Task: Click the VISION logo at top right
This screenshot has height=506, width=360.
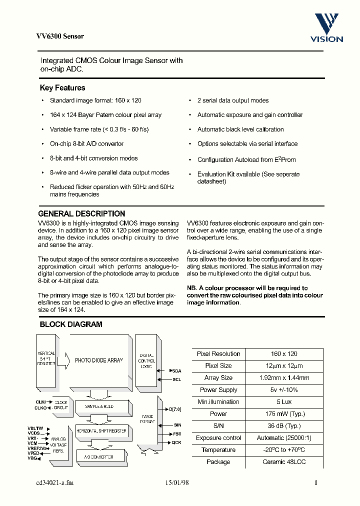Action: point(327,28)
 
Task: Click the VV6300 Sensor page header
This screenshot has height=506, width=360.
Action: point(60,36)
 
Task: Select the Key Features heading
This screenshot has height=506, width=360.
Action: point(62,88)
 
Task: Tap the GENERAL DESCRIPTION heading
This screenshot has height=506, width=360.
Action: point(81,213)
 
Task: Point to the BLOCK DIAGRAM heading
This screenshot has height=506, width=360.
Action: point(70,324)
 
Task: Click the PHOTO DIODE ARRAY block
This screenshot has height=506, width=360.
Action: point(98,360)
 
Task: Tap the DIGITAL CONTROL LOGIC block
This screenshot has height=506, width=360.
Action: point(146,360)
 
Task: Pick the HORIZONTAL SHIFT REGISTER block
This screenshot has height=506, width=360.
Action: point(101,431)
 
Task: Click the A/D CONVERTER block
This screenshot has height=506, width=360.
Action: point(101,457)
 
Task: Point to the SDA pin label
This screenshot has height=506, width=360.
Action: point(176,371)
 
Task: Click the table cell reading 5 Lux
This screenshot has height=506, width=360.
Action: point(284,402)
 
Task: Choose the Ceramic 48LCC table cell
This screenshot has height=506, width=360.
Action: point(284,462)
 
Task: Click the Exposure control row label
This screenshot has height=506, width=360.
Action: point(218,438)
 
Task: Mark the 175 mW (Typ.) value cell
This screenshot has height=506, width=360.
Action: point(284,414)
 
